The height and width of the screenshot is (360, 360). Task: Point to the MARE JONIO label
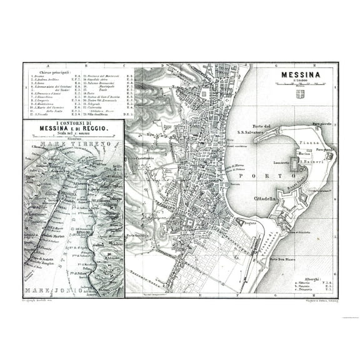(x=52, y=291)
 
